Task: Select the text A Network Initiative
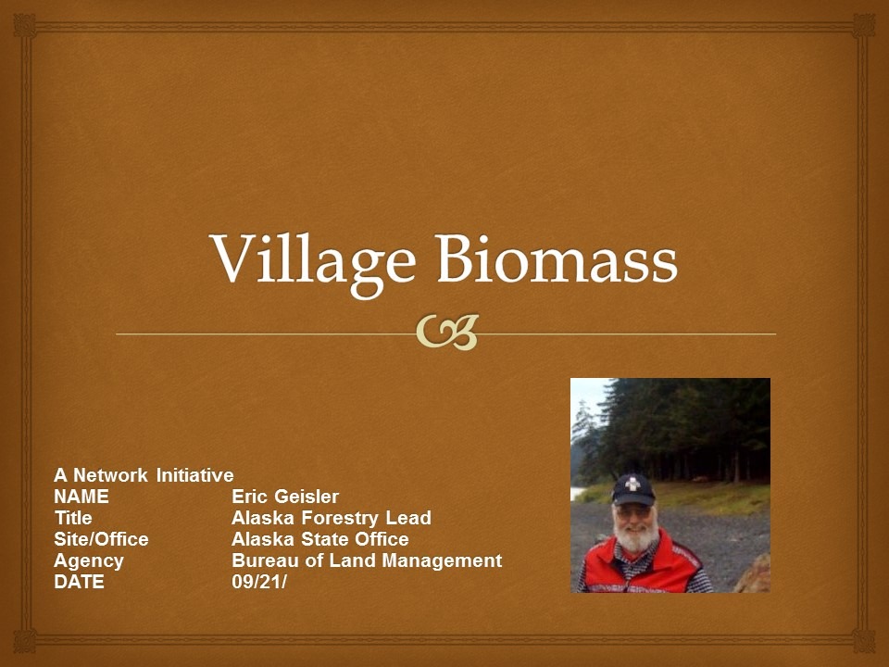[144, 475]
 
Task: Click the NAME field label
[81, 497]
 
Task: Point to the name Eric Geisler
[285, 497]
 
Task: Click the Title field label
[73, 518]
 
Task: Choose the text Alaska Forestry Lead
[331, 518]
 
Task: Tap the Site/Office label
[101, 539]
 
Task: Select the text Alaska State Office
[319, 539]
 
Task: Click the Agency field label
[89, 560]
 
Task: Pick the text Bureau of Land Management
[367, 560]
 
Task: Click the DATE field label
[79, 583]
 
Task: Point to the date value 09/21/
[260, 583]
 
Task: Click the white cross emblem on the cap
[634, 485]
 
